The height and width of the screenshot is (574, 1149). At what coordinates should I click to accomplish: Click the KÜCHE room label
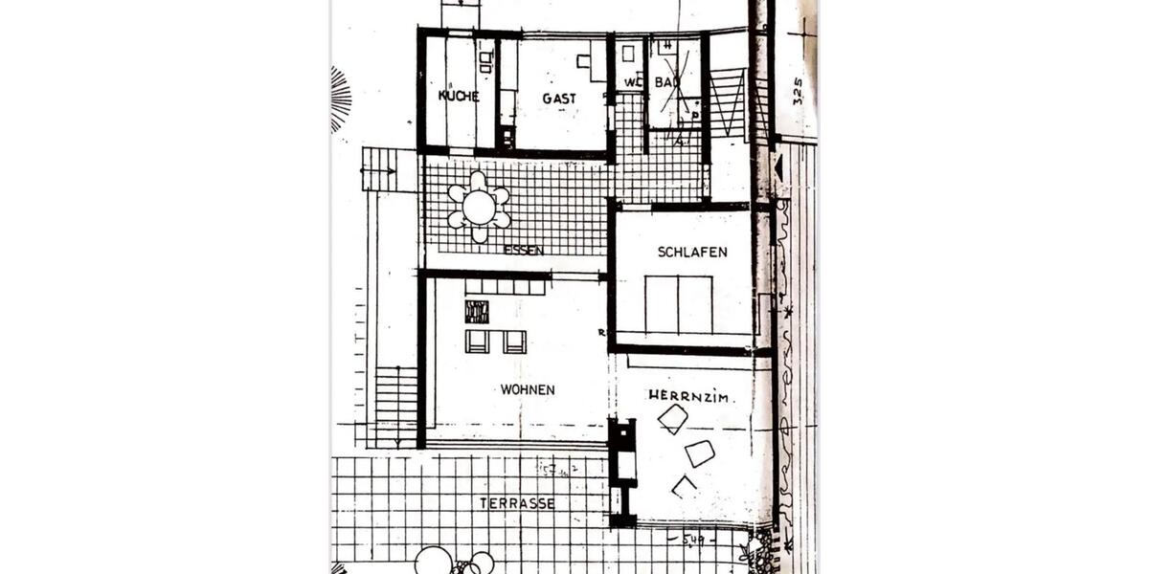click(x=459, y=97)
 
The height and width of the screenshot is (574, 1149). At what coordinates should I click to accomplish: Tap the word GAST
click(x=559, y=99)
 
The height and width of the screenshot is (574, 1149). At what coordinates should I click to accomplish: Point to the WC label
click(x=631, y=83)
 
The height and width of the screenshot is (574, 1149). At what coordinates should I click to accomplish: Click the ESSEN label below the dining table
click(x=524, y=251)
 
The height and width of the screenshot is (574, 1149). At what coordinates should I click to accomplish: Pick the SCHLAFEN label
click(x=692, y=253)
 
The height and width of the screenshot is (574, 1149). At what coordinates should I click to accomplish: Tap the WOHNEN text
click(x=528, y=390)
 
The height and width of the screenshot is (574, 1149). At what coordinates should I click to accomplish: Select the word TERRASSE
click(x=518, y=503)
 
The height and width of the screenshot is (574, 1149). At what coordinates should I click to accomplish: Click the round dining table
click(x=478, y=206)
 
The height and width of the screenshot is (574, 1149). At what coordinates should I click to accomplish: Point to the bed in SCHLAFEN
click(x=678, y=304)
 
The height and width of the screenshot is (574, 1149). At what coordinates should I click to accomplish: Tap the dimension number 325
click(x=798, y=91)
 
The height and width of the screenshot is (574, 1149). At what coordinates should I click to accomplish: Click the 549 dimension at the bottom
click(x=695, y=542)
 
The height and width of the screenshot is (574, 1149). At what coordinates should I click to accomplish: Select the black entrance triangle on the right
click(x=777, y=168)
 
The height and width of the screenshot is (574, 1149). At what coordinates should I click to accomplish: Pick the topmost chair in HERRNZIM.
click(x=673, y=418)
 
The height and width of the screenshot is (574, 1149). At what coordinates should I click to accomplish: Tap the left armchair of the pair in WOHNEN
click(x=477, y=342)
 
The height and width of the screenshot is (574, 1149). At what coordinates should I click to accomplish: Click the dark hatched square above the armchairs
click(x=477, y=312)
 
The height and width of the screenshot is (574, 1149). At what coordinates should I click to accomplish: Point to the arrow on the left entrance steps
click(x=380, y=172)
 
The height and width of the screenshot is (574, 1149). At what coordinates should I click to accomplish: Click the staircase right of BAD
click(x=729, y=103)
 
